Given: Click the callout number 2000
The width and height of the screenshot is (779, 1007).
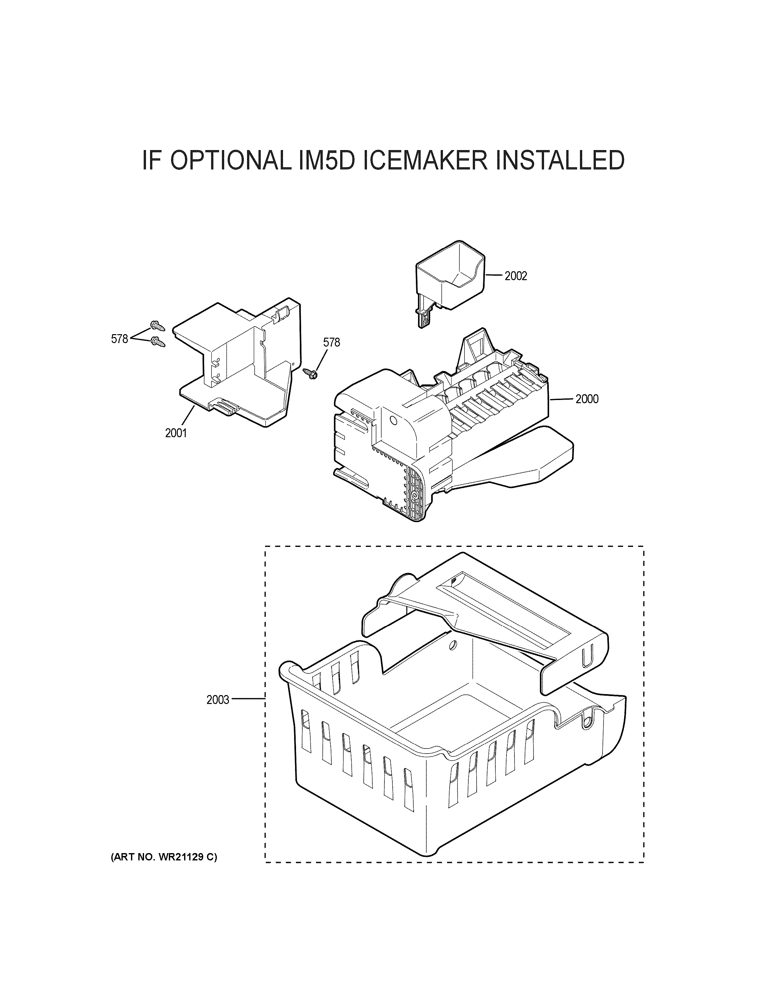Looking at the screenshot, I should pos(586,399).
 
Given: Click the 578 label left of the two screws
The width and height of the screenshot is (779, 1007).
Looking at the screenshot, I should pos(119,339).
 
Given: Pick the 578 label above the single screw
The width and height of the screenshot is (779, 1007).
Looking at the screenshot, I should pos(331,342).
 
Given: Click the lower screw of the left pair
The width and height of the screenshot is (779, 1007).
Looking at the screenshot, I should pos(158,342).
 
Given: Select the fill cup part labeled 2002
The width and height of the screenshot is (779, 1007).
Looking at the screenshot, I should pos(449,279).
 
